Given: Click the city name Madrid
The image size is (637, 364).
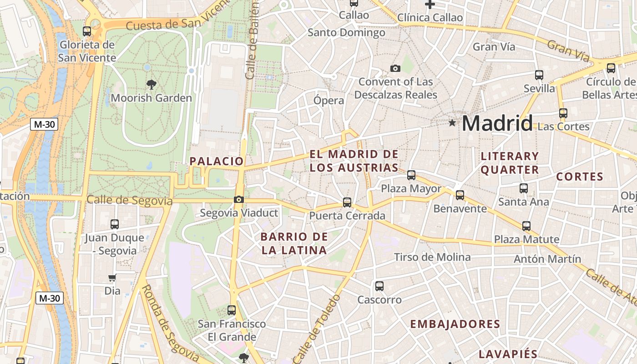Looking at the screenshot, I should (497, 123).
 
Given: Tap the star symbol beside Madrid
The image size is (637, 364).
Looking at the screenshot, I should (452, 123).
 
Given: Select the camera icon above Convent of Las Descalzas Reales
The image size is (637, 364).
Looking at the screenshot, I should (395, 69).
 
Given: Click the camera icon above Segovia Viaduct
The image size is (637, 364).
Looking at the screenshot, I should (238, 199).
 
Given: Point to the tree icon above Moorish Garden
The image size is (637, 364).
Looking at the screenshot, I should (151, 84).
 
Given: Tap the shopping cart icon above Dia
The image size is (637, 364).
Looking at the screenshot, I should (112, 278).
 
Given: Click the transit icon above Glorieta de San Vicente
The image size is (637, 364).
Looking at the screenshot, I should (87, 31).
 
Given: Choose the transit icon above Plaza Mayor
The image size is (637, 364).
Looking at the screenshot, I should (411, 175).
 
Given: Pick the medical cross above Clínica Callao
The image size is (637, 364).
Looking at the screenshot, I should (430, 5).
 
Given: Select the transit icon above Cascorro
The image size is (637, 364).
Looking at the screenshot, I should (379, 286).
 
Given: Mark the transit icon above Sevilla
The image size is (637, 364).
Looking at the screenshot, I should (539, 75).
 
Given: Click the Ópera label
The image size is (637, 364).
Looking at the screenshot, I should (329, 100).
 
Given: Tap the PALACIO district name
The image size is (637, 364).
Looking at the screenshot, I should (217, 161).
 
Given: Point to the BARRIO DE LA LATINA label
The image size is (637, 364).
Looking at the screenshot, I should (294, 243).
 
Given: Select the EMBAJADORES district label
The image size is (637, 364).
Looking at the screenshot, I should (455, 324).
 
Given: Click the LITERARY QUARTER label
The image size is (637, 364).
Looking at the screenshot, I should (510, 163).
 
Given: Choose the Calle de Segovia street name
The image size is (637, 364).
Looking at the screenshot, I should (130, 200).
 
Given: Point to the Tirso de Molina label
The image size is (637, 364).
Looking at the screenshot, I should (432, 257).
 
